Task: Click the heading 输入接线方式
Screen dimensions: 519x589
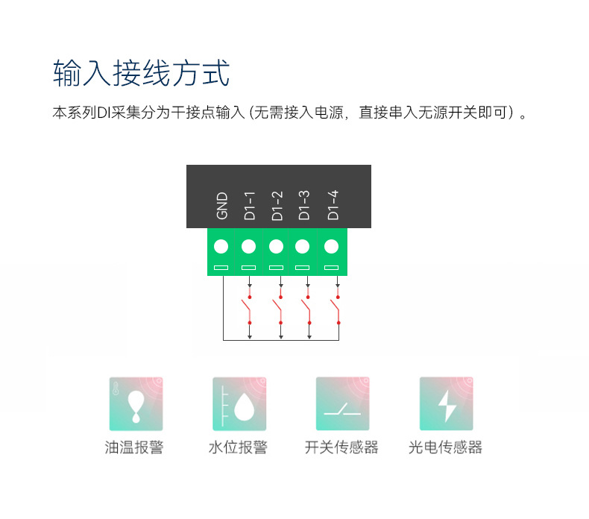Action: coord(141,75)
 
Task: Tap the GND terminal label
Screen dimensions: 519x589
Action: coord(221,207)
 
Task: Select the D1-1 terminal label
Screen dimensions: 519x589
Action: coord(250,205)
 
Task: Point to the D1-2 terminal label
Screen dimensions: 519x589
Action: coord(277,205)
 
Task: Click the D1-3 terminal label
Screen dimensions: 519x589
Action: coord(304,205)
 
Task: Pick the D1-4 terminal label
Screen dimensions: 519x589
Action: coord(333,205)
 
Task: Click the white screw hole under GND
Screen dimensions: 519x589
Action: coord(221,247)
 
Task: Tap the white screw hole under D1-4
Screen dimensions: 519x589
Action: coord(332,247)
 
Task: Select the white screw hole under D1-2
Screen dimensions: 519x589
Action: coord(277,247)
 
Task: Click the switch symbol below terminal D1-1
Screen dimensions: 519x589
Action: coord(247,309)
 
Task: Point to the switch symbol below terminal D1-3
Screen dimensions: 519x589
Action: coord(306,309)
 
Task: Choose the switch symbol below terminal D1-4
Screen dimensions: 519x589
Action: coord(336,309)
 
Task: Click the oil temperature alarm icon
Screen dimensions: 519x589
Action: coord(136,403)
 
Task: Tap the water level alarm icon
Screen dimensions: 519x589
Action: coord(239,403)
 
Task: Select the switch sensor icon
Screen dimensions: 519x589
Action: coord(342,403)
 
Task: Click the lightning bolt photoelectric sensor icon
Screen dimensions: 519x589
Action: coord(446,403)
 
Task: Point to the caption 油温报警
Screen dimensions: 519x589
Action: coord(134,448)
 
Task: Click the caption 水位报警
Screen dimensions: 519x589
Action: coord(238,448)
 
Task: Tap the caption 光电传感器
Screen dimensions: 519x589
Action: coord(445,448)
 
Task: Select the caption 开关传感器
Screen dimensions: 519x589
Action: coord(341,448)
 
